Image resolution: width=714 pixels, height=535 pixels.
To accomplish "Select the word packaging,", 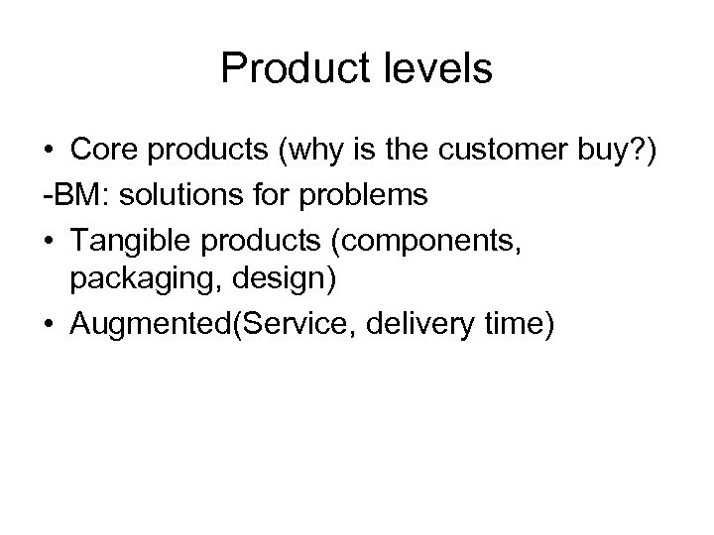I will (132, 280).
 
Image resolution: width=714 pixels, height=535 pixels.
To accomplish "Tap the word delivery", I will (414, 323).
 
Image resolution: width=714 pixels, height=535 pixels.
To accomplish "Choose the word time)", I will (511, 323).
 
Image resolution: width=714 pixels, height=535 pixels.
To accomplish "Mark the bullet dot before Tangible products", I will (49, 239).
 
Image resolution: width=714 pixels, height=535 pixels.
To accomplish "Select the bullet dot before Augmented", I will (49, 324).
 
